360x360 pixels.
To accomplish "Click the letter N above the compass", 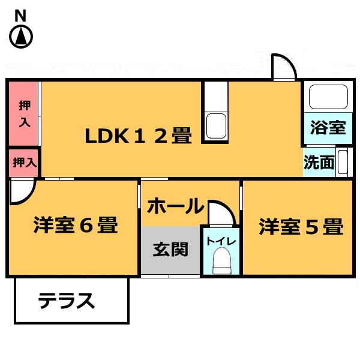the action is (x=20, y=16).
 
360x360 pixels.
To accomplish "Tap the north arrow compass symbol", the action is (x=21, y=37).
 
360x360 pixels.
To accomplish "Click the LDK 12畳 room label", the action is (x=138, y=136).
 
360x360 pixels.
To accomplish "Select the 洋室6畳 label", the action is (x=76, y=224).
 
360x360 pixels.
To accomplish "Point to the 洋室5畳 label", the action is (x=301, y=226).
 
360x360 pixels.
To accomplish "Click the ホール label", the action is (x=176, y=206).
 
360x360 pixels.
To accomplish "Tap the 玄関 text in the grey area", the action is (x=170, y=249).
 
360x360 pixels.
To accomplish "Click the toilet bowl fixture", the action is (x=222, y=260).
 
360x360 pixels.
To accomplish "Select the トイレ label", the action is (x=221, y=242).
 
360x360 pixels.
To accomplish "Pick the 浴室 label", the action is (x=328, y=127).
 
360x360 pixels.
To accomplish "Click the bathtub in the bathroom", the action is (x=328, y=97).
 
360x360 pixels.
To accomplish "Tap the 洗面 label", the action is (x=319, y=162).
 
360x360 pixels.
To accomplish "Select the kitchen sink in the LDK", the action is (x=216, y=126).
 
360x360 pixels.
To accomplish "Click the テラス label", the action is (x=67, y=301).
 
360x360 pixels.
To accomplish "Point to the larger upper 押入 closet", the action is (x=23, y=113).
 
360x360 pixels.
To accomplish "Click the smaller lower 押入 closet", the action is (x=23, y=163).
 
